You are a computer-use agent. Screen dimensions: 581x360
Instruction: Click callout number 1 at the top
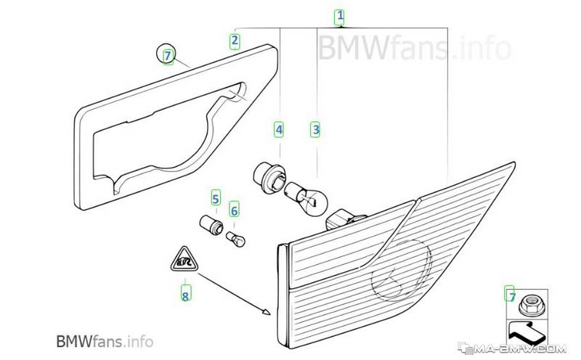(340, 17)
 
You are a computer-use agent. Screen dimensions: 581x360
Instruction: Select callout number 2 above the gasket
(234, 41)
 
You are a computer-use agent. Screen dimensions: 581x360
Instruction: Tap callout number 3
(315, 130)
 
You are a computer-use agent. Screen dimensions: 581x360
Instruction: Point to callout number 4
(279, 130)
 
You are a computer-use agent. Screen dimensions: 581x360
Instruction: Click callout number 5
(216, 199)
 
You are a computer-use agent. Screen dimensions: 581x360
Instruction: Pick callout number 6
(234, 210)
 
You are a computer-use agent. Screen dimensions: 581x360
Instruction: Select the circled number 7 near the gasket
(168, 56)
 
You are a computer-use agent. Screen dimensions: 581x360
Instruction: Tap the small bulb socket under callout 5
(211, 224)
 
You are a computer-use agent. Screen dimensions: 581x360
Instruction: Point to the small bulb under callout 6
(235, 239)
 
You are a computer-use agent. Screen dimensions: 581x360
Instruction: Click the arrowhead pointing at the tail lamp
(266, 311)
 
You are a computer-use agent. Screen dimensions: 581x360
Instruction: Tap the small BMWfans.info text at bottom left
(105, 341)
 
